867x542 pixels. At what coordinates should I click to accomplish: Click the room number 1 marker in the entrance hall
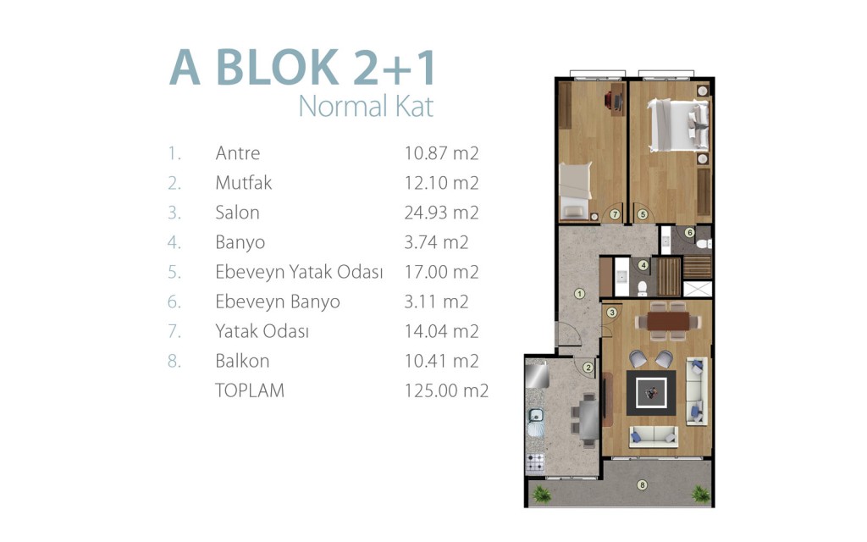[x=579, y=294]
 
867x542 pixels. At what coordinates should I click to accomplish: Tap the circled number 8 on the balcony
[x=642, y=485]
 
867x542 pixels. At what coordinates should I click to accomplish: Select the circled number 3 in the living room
[x=611, y=312]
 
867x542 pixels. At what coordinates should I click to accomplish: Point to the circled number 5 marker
[x=642, y=214]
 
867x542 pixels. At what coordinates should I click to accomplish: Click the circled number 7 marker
[x=615, y=214]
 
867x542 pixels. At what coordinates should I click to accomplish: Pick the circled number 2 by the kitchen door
[x=588, y=368]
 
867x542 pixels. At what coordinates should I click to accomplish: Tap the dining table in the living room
[x=669, y=321]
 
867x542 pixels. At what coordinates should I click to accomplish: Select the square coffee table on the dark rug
[x=651, y=393]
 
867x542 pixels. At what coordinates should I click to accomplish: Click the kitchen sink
[x=535, y=416]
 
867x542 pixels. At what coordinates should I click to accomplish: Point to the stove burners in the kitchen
[x=535, y=463]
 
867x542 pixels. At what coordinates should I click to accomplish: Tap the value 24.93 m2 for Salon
[x=441, y=213]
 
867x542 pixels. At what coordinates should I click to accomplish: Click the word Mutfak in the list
[x=243, y=183]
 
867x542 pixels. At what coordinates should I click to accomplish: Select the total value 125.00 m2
[x=446, y=390]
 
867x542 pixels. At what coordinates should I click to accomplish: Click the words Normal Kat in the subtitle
[x=366, y=106]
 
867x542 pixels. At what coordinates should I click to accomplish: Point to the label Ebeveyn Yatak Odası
[x=299, y=272]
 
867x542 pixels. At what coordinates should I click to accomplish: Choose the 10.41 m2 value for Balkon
[x=441, y=361]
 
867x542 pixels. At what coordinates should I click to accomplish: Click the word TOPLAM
[x=250, y=390]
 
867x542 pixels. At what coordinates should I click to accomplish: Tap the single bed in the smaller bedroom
[x=575, y=191]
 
